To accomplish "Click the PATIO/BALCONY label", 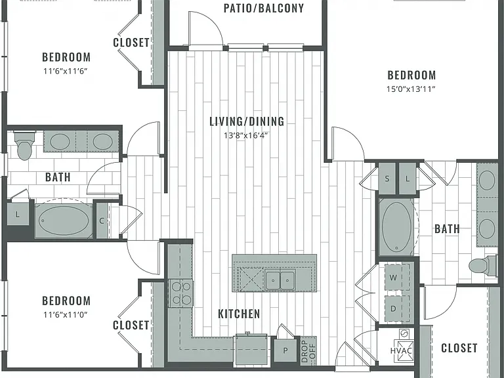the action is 264,9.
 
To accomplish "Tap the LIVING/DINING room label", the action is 247,121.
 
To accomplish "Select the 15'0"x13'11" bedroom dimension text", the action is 411,89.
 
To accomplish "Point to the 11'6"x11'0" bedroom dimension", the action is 66,314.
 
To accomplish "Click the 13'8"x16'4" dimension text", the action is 246,135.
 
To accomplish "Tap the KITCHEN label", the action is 239,314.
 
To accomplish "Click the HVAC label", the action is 401,350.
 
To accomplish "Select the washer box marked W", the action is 397,278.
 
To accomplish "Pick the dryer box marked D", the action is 397,308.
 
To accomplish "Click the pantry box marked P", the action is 285,350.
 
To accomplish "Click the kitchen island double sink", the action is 280,280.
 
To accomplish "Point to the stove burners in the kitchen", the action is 180,293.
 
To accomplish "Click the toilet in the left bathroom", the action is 24,146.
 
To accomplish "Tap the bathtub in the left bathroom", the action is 64,220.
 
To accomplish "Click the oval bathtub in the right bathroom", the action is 396,226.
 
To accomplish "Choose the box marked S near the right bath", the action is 387,178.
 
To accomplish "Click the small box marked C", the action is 102,220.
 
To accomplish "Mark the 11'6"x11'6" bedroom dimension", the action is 66,71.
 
